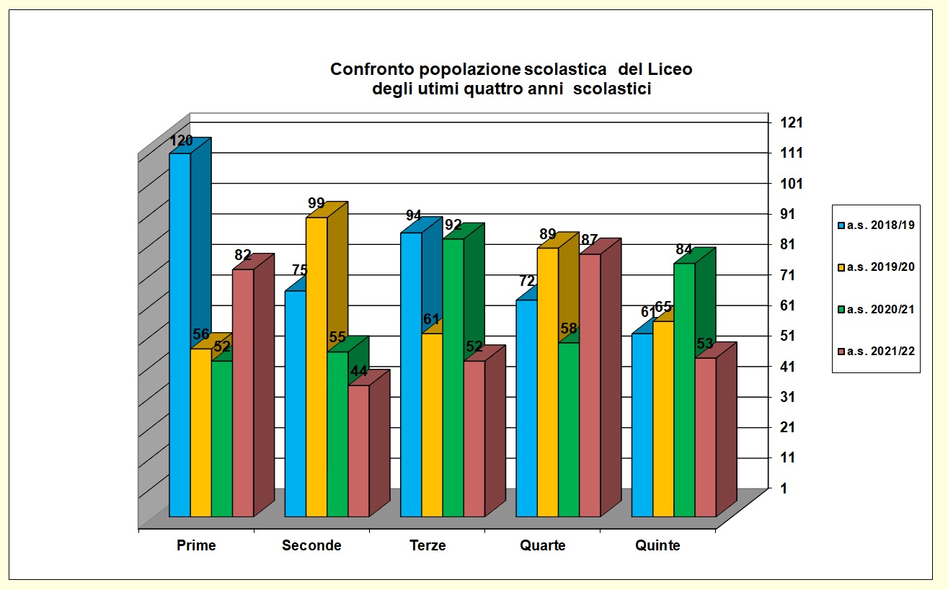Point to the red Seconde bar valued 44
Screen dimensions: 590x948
358,450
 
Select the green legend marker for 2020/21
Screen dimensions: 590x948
841,309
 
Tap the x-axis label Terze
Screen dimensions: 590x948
428,545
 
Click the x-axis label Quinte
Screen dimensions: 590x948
657,545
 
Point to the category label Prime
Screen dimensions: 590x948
196,545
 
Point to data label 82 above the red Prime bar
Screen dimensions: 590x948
243,255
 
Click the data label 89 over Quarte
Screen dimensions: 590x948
547,233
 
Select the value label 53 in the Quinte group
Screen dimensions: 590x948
705,344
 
